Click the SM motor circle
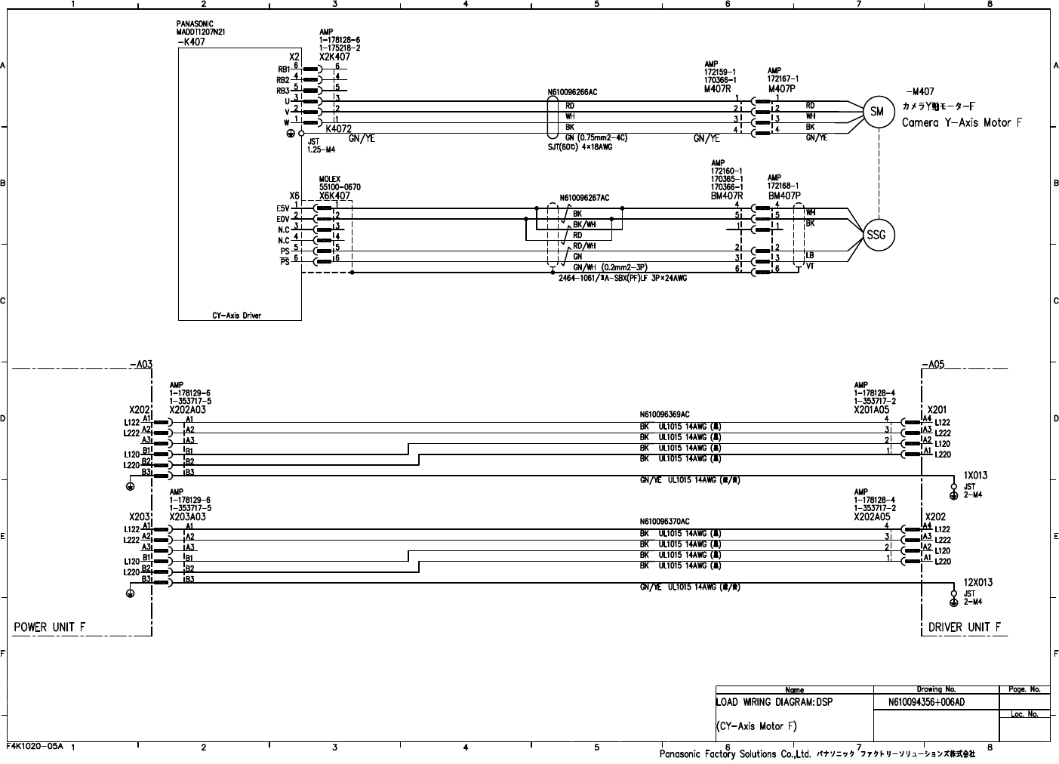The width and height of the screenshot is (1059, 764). [876, 112]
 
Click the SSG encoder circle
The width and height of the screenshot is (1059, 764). [876, 235]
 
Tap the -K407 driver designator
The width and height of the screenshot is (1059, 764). [191, 42]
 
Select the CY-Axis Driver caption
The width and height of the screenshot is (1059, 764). [236, 316]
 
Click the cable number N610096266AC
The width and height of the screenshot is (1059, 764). [572, 93]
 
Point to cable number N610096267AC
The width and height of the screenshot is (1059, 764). [584, 199]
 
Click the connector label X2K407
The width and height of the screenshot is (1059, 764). [334, 57]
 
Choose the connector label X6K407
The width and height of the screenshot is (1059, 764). [334, 196]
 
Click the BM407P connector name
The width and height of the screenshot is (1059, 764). [785, 195]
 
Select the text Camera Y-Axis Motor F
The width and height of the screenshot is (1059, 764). [962, 122]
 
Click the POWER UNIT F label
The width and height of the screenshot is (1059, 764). [50, 627]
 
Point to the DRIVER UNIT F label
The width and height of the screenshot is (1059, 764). [964, 627]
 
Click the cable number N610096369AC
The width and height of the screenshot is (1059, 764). [664, 414]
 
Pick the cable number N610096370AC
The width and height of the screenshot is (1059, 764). [664, 521]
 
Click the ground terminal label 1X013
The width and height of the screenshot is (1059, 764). [975, 476]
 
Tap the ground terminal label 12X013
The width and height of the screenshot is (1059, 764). [977, 583]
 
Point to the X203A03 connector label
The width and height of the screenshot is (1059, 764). [187, 517]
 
